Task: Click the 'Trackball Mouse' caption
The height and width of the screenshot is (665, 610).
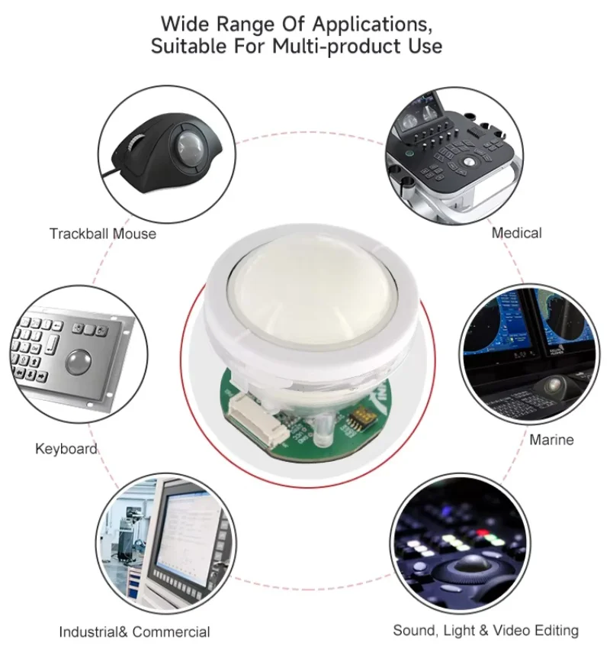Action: pos(103,234)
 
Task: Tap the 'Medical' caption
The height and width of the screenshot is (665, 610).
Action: pos(516,232)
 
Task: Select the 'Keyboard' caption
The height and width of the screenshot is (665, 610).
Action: pos(66,448)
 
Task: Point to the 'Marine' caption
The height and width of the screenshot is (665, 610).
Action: pos(551,440)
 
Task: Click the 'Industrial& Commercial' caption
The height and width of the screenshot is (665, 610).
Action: pos(134,631)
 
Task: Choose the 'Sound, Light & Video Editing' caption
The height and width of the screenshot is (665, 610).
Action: pos(486,630)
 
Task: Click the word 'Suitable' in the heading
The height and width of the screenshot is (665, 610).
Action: pos(187,46)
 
